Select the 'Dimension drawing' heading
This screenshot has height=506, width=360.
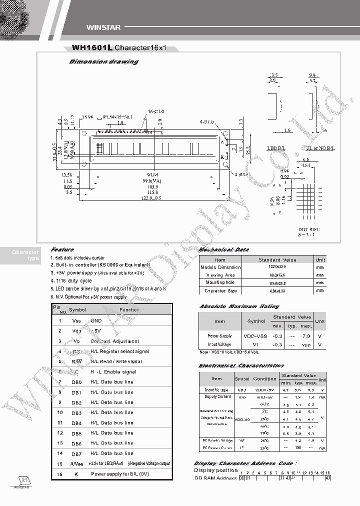103,61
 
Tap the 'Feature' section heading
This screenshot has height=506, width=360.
62,249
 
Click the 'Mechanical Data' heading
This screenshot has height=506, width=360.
224,249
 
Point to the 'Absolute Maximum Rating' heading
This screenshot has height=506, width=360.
239,306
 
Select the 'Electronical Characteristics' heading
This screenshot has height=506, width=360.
241,365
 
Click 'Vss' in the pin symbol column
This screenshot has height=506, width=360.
76,320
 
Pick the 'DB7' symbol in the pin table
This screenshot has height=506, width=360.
76,453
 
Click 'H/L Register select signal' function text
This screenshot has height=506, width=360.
119,351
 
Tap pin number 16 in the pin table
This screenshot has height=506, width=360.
59,473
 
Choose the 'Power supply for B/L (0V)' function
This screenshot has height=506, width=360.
119,473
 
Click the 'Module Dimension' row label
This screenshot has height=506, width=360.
220,267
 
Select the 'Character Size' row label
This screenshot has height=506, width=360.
220,290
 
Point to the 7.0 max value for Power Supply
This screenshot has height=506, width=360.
306,336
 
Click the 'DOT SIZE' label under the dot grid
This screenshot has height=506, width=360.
308,229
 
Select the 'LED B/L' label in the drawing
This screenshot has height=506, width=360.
276,148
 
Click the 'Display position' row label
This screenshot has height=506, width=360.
216,470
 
